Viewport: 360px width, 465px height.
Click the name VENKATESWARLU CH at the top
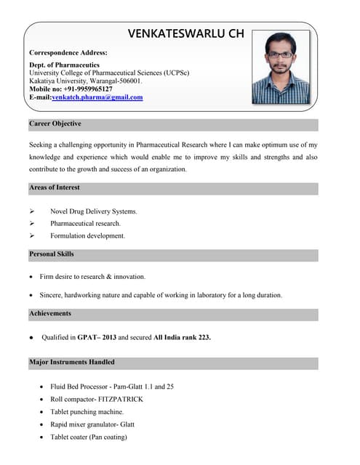click(x=185, y=33)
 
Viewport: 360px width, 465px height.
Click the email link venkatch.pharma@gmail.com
click(x=97, y=97)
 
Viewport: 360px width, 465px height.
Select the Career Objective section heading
click(x=55, y=124)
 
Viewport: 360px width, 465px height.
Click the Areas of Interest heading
click(x=55, y=187)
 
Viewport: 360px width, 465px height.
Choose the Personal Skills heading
click(x=52, y=254)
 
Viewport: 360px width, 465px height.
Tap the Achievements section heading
click(x=50, y=313)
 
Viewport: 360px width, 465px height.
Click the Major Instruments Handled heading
click(x=72, y=362)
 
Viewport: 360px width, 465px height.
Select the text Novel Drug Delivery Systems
click(x=93, y=211)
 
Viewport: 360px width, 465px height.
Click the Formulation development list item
click(x=87, y=235)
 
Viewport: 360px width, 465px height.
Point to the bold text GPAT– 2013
click(x=97, y=337)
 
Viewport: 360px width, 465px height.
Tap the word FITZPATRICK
click(x=117, y=400)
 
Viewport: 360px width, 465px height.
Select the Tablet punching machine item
click(x=87, y=412)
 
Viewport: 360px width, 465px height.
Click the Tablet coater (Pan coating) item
click(x=88, y=437)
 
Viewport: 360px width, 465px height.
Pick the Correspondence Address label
click(x=68, y=53)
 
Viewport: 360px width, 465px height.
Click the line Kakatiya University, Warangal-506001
click(x=90, y=81)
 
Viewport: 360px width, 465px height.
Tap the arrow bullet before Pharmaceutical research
click(x=32, y=224)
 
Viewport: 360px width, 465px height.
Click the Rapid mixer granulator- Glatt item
click(x=92, y=424)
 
